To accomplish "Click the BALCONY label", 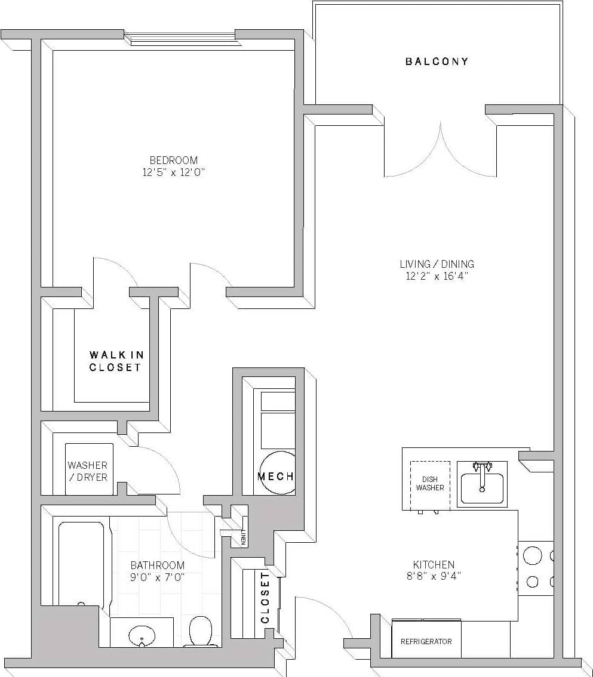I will [437, 61].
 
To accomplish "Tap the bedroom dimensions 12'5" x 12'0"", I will [173, 172].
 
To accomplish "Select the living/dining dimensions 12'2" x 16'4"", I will [437, 276].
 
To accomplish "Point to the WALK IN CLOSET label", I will [116, 361].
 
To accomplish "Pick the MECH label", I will [275, 477].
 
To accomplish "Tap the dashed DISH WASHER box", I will [430, 484].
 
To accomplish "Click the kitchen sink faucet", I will [482, 469].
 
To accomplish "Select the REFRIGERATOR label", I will [426, 642].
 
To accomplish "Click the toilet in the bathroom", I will [201, 632].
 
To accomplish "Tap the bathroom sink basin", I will [142, 635].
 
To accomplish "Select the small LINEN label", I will [243, 537].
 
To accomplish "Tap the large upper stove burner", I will [532, 556].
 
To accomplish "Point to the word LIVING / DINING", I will [437, 264].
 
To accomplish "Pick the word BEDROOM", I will [173, 160].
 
